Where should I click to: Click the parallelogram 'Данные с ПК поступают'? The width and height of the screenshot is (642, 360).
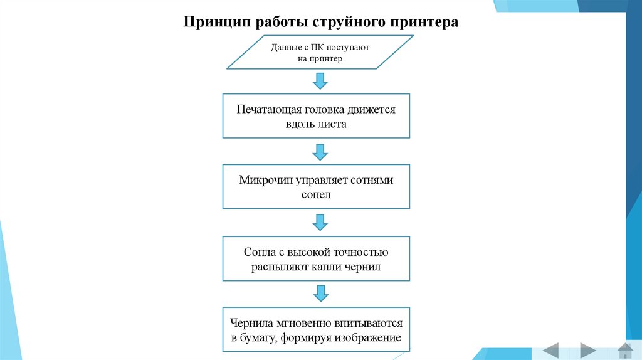tap(320, 52)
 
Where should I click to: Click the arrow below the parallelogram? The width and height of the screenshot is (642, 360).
tap(320, 81)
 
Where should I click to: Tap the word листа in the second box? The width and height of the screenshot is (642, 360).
tap(332, 124)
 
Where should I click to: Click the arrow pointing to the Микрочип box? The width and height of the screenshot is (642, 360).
tap(320, 152)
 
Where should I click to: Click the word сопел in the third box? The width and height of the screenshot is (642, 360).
tap(316, 195)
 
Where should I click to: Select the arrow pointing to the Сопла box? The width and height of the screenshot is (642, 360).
tap(320, 223)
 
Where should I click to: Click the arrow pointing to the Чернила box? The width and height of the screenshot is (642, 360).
tap(320, 294)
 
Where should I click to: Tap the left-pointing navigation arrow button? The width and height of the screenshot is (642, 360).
tap(550, 350)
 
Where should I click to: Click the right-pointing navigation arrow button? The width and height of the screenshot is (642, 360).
tap(587, 350)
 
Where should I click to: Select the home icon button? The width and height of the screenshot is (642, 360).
tap(625, 350)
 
